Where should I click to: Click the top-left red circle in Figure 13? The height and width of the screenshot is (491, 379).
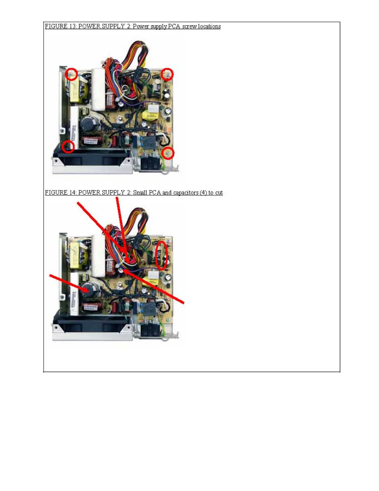72,74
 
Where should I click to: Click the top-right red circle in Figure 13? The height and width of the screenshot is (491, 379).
167,74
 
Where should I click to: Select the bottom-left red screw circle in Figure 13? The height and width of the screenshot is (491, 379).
68,146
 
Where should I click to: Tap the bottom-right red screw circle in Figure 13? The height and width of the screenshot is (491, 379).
168,153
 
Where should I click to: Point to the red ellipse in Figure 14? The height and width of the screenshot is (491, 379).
161,256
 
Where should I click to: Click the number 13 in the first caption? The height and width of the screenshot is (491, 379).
72,26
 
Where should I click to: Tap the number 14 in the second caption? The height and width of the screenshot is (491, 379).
72,192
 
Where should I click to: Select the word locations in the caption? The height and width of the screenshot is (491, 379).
209,26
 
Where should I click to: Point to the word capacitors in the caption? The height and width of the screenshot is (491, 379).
185,192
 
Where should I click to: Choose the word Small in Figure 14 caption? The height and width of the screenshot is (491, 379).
140,192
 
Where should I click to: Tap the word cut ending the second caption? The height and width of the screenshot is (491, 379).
219,192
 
